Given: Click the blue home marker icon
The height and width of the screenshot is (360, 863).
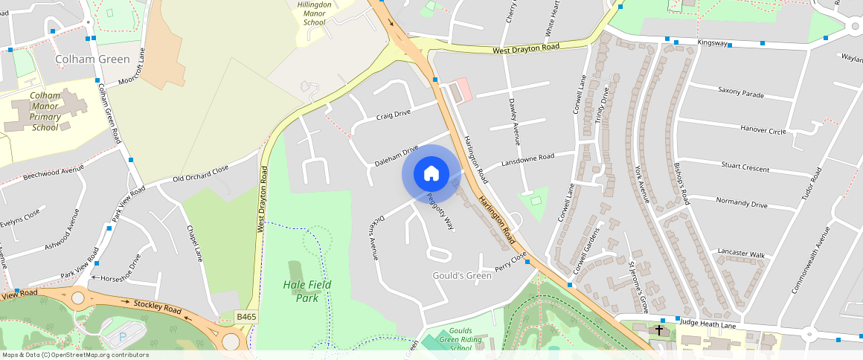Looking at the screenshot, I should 431,173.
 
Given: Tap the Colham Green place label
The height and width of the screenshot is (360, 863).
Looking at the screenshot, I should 92,59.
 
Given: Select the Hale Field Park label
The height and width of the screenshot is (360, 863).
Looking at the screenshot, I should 307,291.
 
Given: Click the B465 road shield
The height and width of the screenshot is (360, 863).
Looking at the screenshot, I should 246,317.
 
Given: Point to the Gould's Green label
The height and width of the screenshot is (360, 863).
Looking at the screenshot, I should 462,276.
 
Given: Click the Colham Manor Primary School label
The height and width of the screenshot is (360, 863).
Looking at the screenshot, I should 45,112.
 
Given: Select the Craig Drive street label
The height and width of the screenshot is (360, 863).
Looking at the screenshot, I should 393,115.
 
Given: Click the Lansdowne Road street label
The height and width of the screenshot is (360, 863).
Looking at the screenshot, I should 527,159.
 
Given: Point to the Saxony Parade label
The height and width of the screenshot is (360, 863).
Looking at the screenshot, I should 740,94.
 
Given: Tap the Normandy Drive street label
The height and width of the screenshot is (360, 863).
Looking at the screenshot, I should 741,202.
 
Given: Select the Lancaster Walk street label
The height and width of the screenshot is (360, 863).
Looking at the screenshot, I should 740,254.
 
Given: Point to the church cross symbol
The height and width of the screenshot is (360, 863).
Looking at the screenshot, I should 658,330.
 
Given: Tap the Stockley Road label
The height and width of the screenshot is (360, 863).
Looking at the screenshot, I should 158,306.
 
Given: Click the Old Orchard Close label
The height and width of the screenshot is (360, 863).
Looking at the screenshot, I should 201,174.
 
